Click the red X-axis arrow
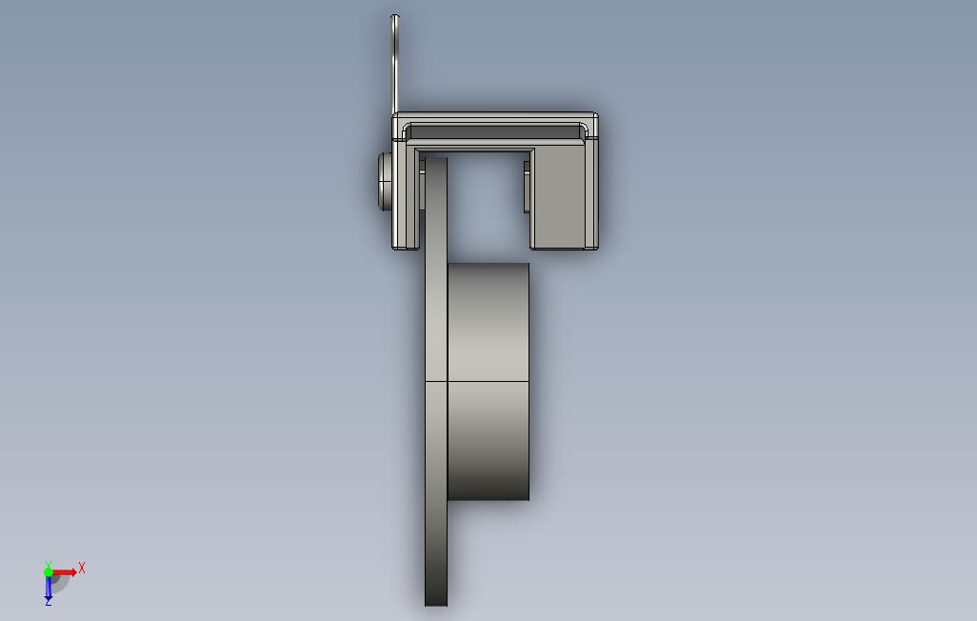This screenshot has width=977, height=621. (65, 571)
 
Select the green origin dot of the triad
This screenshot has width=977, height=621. (48, 571)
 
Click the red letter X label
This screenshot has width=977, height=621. (82, 568)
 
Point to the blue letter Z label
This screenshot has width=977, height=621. (48, 602)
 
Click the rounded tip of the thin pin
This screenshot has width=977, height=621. (394, 16)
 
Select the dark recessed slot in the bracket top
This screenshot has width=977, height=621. (495, 132)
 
